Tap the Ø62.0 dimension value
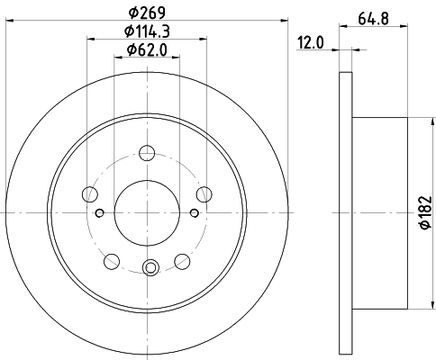(148, 49)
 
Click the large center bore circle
(148, 212)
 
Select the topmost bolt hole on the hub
(148, 154)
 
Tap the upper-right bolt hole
(205, 193)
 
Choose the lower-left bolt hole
(112, 261)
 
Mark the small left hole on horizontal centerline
(100, 212)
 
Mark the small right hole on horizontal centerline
(195, 212)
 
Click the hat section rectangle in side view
(380, 212)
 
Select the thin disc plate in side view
(346, 212)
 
